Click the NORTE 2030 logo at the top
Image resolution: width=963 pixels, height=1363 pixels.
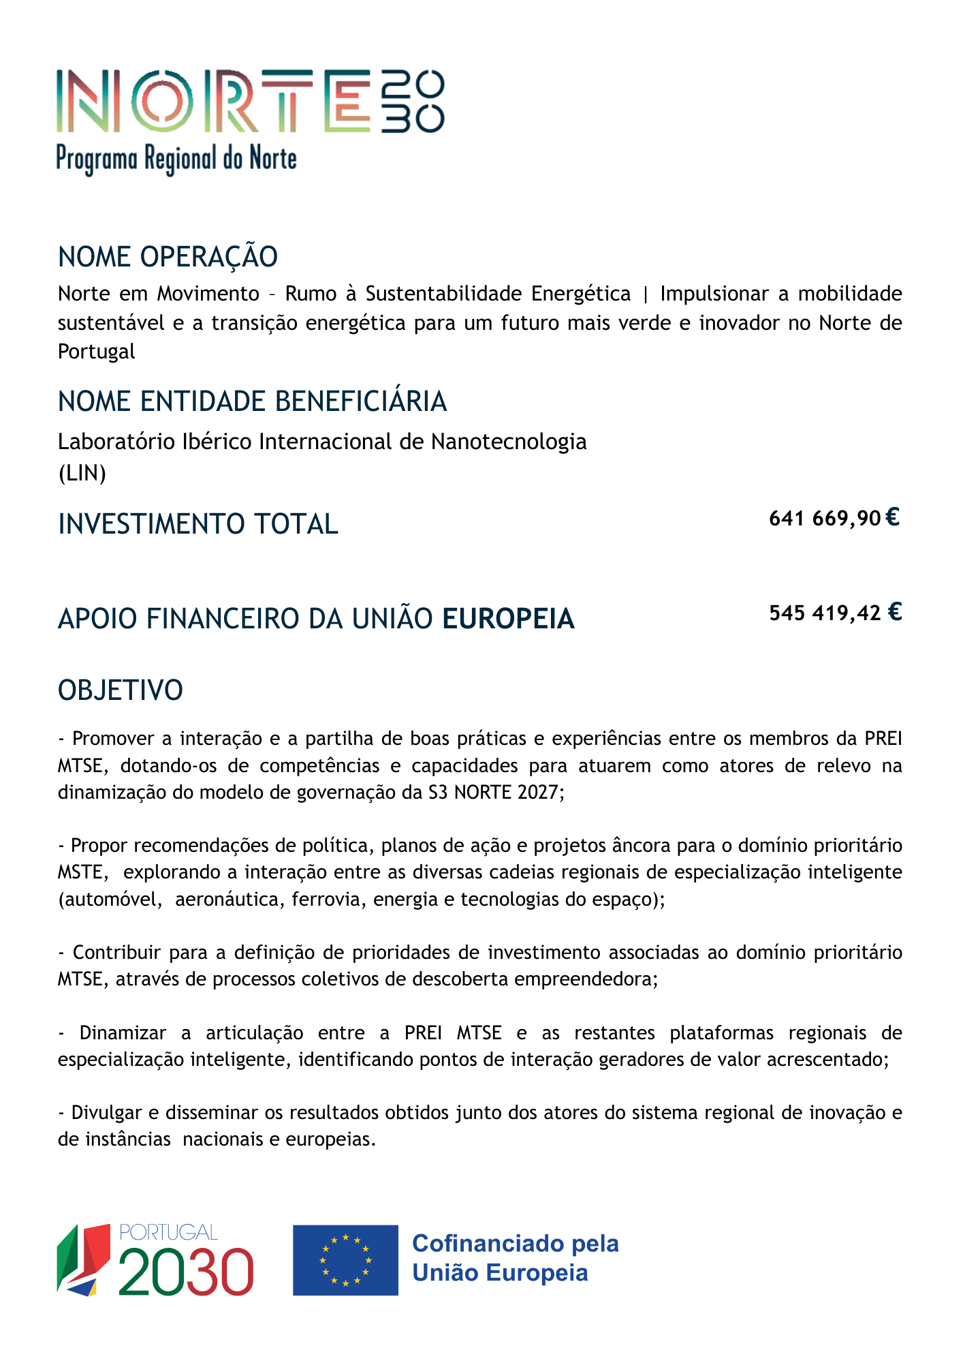click(x=250, y=101)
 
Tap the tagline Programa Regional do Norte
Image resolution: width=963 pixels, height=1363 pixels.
click(x=176, y=159)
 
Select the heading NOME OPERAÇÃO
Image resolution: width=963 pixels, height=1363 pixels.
click(x=168, y=257)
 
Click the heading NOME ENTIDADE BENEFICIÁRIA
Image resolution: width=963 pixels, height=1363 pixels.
click(x=252, y=401)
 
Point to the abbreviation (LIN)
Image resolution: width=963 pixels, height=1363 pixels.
click(x=82, y=472)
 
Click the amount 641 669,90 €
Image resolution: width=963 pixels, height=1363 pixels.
click(x=834, y=519)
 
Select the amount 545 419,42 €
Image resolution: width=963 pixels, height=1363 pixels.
click(x=835, y=613)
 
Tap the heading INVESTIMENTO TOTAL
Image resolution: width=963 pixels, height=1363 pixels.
click(x=198, y=524)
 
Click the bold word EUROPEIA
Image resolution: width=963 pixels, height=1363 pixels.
click(x=508, y=619)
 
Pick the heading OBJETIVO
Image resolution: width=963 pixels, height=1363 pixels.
click(x=121, y=690)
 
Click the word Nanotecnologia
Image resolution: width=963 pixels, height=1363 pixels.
click(x=509, y=442)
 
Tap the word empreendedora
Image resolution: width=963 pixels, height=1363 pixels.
click(x=585, y=979)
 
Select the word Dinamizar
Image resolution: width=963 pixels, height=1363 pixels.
click(x=123, y=1033)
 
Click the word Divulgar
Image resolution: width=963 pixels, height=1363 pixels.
click(x=106, y=1113)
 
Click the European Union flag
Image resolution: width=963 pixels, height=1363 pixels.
click(x=345, y=1260)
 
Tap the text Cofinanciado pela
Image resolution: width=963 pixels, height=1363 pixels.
click(x=516, y=1244)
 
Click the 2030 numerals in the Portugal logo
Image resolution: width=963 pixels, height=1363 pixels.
click(x=186, y=1272)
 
